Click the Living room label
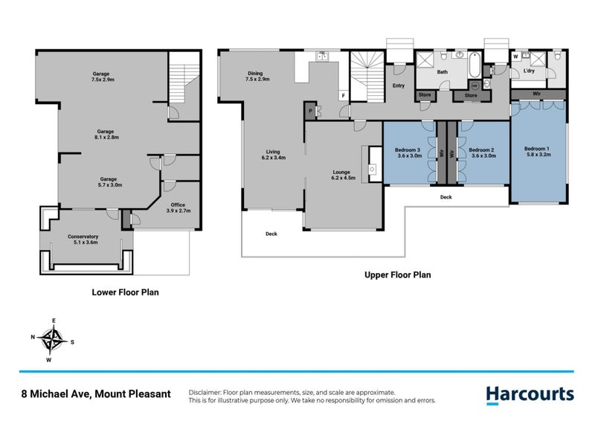(x=274, y=154)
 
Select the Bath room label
(x=442, y=72)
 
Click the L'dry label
(x=530, y=71)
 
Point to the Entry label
(x=399, y=86)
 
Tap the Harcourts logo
(x=530, y=394)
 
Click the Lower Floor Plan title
(x=125, y=292)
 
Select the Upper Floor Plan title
(x=397, y=274)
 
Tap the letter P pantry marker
(x=309, y=112)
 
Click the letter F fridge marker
(x=343, y=96)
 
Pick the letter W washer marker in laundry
(x=515, y=57)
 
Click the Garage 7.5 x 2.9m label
(x=102, y=76)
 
